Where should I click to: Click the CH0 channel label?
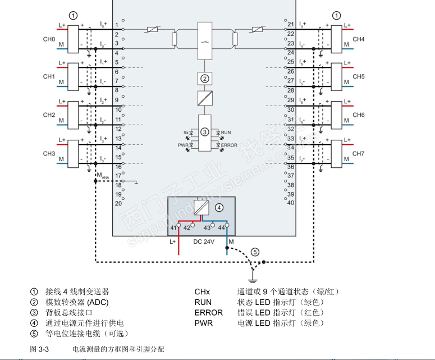pyautogui.click(x=49, y=39)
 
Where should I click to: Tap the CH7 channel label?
pyautogui.click(x=359, y=153)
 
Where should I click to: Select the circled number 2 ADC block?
pyautogui.click(x=205, y=78)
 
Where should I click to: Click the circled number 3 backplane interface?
pyautogui.click(x=205, y=131)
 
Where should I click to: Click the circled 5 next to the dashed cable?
pyautogui.click(x=255, y=252)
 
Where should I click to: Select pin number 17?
pyautogui.click(x=118, y=175)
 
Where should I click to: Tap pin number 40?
pyautogui.click(x=291, y=203)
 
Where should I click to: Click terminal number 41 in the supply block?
pyautogui.click(x=174, y=227)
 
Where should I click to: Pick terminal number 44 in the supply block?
pyautogui.click(x=221, y=227)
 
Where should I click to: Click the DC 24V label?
pyautogui.click(x=204, y=241)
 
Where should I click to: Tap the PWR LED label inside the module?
pyautogui.click(x=183, y=145)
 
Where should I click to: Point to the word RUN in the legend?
pyautogui.click(x=203, y=302)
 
